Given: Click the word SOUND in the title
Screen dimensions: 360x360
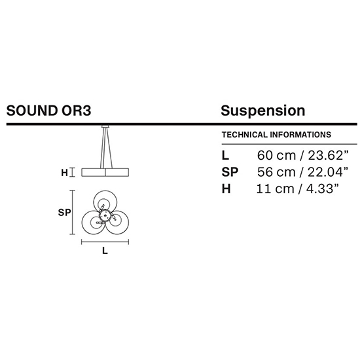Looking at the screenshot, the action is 32,111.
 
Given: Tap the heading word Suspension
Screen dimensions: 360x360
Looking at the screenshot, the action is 263,111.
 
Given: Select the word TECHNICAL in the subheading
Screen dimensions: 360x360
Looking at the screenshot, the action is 245,135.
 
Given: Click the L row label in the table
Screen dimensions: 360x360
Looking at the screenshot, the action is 225,155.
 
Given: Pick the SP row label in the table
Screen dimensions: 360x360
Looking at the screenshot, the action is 230,172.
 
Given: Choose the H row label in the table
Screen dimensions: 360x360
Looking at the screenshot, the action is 226,189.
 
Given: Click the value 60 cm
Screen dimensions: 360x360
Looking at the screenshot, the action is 276,155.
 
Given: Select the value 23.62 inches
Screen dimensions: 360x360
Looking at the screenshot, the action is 329,155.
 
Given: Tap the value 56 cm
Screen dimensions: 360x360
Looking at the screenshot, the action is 276,172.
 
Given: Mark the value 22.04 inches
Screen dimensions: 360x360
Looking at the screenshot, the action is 328,172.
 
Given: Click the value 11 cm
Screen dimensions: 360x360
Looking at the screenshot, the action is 275,189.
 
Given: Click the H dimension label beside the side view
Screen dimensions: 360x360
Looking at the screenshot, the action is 65,173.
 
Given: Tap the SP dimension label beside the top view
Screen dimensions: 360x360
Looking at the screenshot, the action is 64,213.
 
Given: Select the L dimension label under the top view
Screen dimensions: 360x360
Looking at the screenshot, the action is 105,251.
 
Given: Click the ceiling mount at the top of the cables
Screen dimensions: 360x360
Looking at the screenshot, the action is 105,126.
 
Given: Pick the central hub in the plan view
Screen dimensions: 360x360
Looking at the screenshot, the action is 105,215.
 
